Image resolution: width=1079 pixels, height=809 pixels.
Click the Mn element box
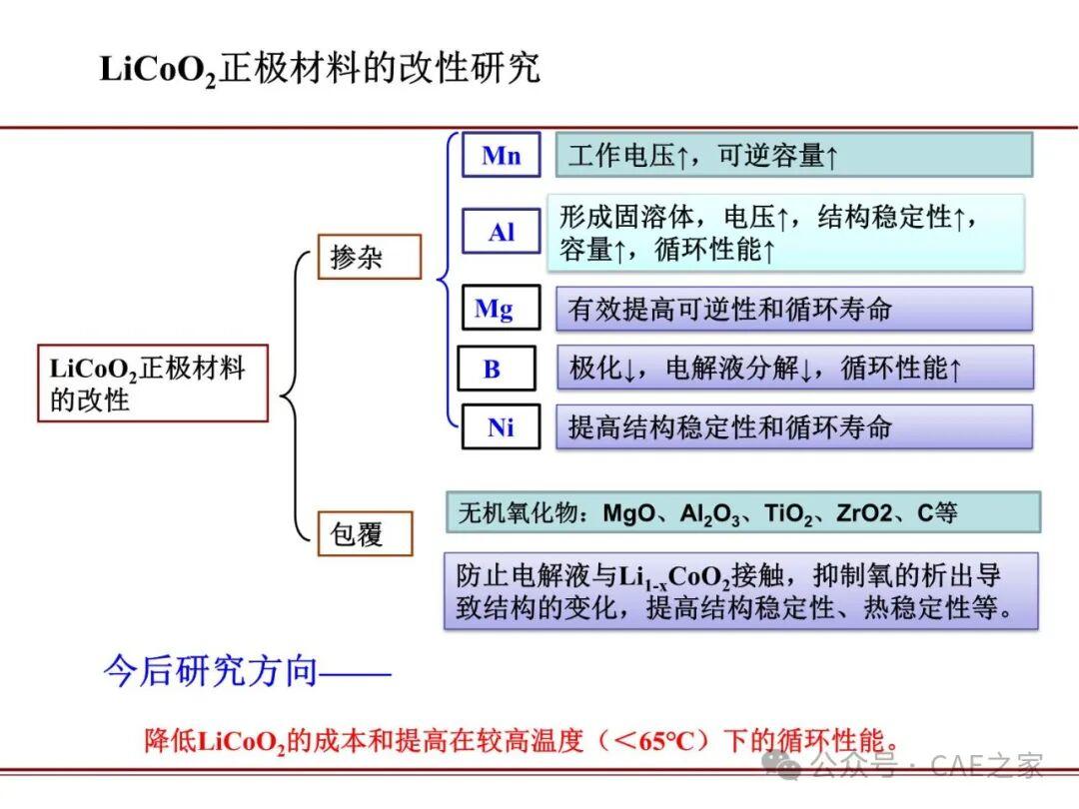point(501,155)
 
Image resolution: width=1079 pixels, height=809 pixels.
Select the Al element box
point(501,232)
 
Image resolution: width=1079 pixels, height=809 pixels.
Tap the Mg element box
point(501,308)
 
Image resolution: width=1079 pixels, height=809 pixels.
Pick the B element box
point(497,369)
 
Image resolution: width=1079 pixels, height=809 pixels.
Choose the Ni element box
point(501,427)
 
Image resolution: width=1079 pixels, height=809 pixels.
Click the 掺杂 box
point(369,257)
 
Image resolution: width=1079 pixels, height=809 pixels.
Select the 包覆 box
point(365,533)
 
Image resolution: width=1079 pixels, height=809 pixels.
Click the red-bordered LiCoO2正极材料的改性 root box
point(152,384)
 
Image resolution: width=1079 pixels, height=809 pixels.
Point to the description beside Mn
point(794,156)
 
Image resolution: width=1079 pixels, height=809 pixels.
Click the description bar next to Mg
point(794,309)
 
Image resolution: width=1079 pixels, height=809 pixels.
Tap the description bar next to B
point(795,368)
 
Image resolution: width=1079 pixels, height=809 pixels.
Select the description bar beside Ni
point(794,427)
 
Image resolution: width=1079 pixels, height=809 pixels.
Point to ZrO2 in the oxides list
point(864,513)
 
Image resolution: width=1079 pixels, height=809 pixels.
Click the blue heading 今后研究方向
point(210,670)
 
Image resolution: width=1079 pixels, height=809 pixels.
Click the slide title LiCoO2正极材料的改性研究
point(320,70)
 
